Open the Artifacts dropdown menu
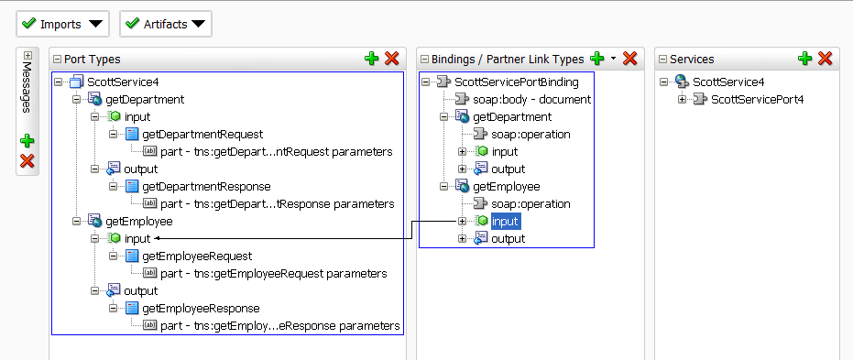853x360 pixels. pyautogui.click(x=166, y=23)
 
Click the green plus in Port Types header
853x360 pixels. pyautogui.click(x=371, y=59)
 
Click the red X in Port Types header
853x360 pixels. pyautogui.click(x=392, y=59)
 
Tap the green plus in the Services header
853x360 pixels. pyautogui.click(x=805, y=59)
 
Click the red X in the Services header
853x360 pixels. pyautogui.click(x=826, y=59)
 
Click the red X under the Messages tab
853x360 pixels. pyautogui.click(x=27, y=161)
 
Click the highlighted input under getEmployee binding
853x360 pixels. pyautogui.click(x=505, y=221)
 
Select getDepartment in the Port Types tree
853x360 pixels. pyautogui.click(x=146, y=99)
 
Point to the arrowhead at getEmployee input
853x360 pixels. pyautogui.click(x=159, y=239)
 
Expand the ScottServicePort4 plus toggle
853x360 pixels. pyautogui.click(x=683, y=99)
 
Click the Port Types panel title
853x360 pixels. pyautogui.click(x=92, y=59)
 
